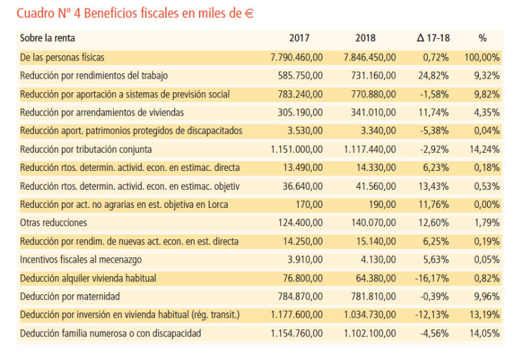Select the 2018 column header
click(365, 38)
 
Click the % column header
click(482, 38)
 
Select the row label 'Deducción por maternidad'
click(70, 296)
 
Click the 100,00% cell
click(482, 57)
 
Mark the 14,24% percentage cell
click(485, 149)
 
